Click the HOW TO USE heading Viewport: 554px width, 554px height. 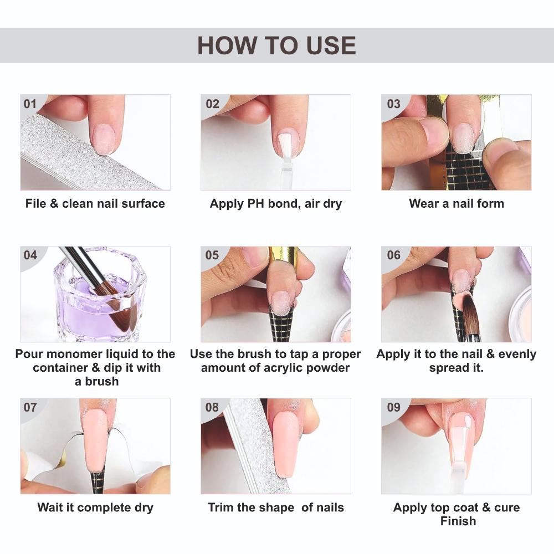(276, 45)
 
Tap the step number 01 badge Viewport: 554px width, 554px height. (30, 104)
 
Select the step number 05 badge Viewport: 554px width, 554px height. (212, 255)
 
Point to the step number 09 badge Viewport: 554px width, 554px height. (393, 408)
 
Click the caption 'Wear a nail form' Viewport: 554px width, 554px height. (456, 203)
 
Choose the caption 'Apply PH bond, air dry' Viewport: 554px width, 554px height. (276, 203)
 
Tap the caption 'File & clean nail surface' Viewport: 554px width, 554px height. (95, 203)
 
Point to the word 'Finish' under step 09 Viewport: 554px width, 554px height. (458, 521)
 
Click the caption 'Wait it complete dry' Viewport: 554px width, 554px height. (95, 507)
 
